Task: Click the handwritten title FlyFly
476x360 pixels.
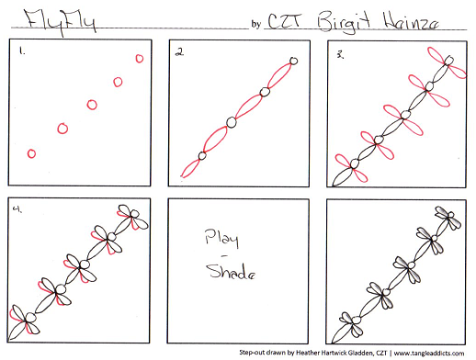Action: [60, 21]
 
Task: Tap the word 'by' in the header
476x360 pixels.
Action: [256, 24]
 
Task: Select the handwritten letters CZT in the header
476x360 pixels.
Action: [285, 20]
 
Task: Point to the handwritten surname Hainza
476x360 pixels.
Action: [411, 21]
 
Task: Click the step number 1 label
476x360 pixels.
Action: [22, 51]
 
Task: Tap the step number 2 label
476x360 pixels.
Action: [179, 52]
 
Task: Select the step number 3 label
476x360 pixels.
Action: [340, 54]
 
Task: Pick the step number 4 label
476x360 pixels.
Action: [17, 209]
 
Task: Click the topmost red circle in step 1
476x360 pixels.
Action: [140, 59]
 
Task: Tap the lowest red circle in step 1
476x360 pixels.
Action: [31, 153]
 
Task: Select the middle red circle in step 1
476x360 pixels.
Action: [92, 105]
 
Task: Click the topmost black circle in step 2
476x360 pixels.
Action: [293, 61]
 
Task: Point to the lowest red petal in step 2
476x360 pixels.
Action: [190, 168]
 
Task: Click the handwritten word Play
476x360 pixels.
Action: [221, 238]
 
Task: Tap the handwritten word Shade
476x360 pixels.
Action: [231, 271]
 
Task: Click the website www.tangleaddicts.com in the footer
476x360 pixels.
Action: [429, 354]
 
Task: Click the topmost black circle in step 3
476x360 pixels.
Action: [449, 61]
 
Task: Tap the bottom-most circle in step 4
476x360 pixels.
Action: [30, 317]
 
